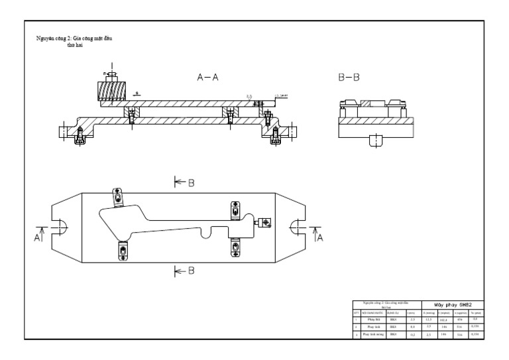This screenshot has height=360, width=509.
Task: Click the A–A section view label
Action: click(x=207, y=78)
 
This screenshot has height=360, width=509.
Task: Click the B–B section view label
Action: click(x=349, y=78)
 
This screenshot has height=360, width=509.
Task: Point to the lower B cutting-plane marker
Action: click(x=185, y=270)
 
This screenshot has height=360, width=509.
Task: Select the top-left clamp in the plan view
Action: click(x=117, y=198)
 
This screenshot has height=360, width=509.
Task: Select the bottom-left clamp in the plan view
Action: click(x=123, y=251)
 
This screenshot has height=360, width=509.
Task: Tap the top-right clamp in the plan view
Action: click(x=234, y=210)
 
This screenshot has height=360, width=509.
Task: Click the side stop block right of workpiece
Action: click(x=264, y=223)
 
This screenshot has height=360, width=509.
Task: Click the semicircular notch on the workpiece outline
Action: click(x=209, y=232)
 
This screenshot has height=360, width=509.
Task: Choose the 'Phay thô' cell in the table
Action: click(x=373, y=319)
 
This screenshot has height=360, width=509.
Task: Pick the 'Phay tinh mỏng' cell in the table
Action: click(x=374, y=335)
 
